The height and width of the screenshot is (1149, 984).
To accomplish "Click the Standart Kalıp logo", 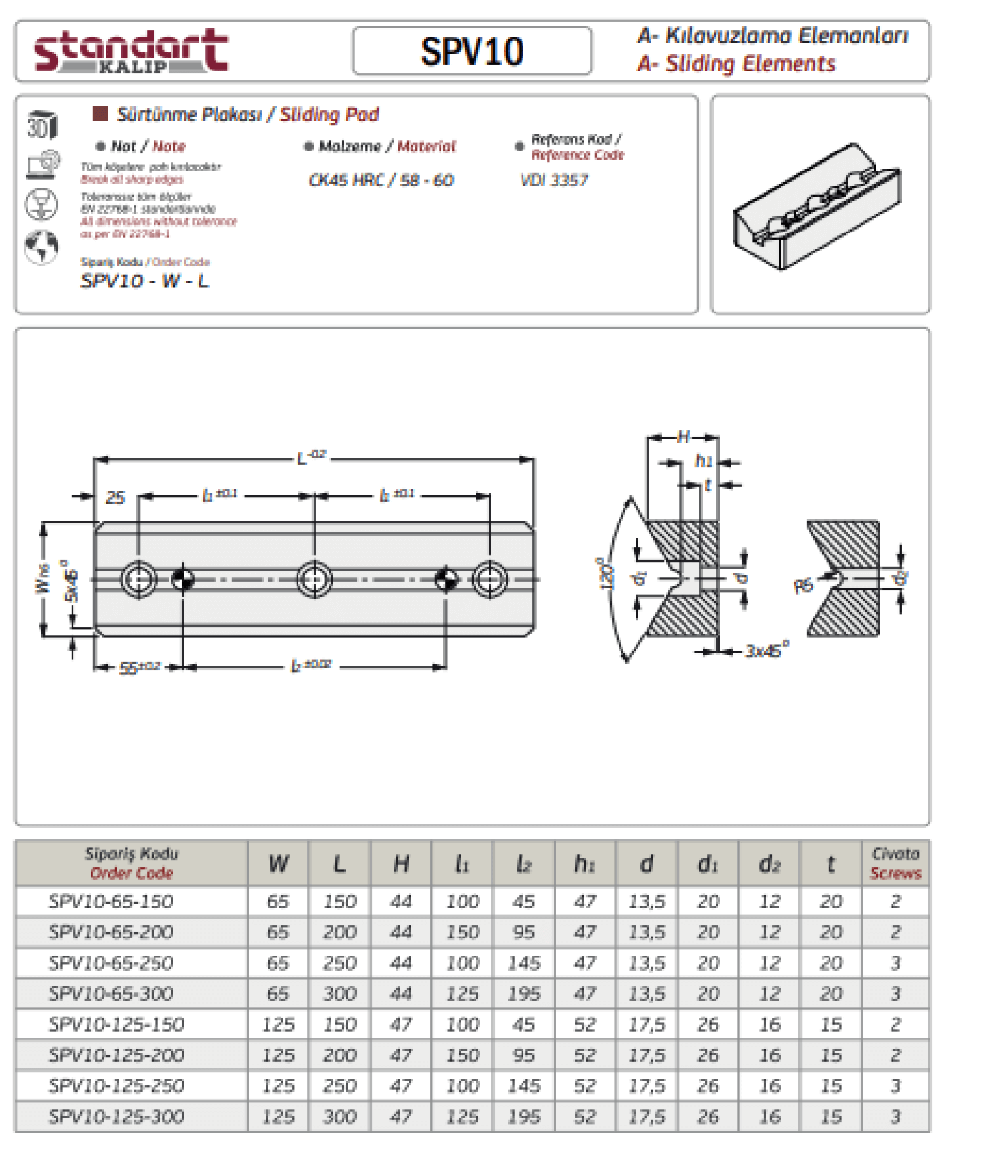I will coord(131,51).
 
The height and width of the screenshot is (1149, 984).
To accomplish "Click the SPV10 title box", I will coord(472,51).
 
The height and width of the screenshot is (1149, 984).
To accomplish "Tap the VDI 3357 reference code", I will coord(554,180).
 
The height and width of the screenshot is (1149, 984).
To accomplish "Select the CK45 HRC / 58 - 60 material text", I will coord(380,180).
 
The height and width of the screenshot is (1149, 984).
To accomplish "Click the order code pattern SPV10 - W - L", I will coord(144,281).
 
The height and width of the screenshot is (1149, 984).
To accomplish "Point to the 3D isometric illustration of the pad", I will coord(817,206).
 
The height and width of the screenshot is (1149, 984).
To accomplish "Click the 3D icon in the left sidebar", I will coord(42,125).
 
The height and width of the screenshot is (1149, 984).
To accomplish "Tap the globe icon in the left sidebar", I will coord(41,246).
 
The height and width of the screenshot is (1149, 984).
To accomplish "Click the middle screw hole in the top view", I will coord(314,579).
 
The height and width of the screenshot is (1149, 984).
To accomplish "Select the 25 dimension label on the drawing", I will coord(115,497).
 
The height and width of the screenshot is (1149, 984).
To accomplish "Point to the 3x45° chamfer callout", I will coord(766,651).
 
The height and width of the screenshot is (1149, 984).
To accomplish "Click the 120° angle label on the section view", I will coord(607,574).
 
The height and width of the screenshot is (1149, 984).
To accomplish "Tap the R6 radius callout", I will coord(803,584).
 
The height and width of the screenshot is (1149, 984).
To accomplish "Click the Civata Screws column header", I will coord(895,863).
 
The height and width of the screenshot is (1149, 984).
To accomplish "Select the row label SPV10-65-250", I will coord(111,963).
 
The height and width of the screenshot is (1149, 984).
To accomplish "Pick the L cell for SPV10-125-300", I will coord(339,1116).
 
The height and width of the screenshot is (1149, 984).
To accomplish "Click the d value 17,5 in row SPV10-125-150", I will coord(646,1024).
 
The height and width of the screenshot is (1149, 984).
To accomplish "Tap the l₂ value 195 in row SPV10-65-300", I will coord(523,994).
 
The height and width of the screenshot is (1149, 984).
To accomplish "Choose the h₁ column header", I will coord(584,864).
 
